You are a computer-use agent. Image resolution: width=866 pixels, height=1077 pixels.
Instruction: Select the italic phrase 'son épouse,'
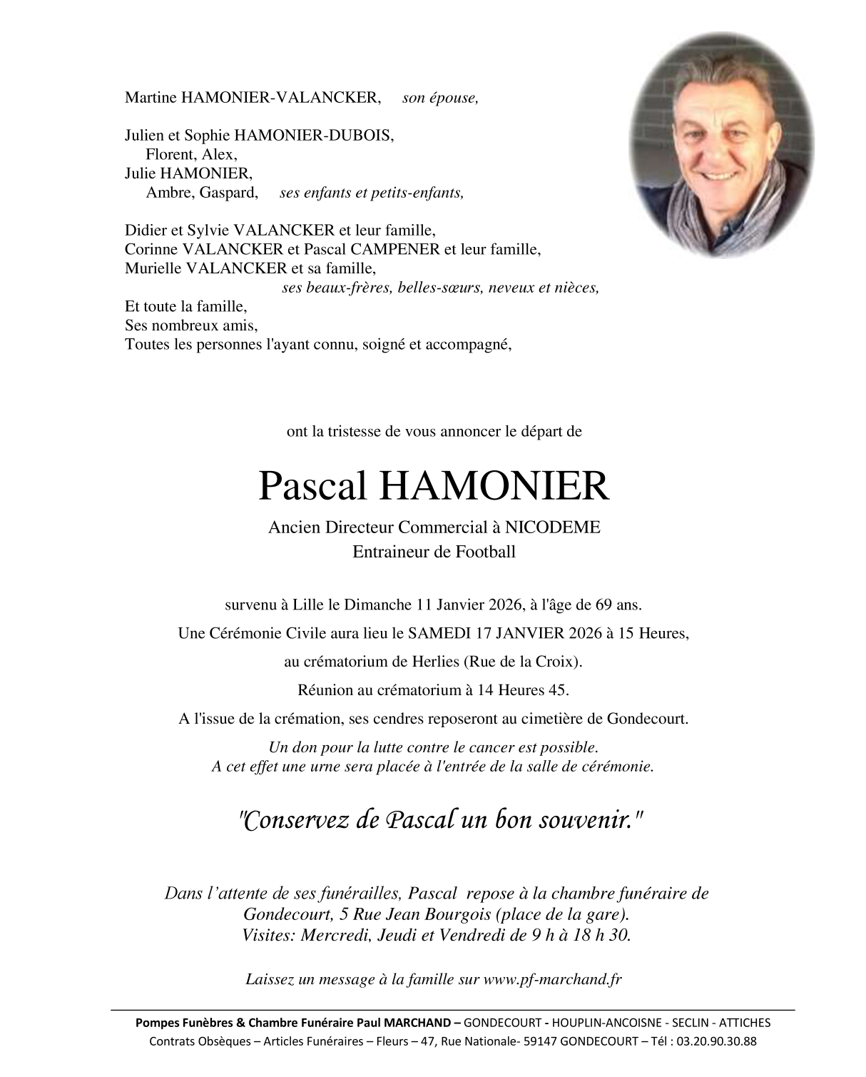440,98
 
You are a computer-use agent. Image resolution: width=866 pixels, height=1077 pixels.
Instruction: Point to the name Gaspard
228,193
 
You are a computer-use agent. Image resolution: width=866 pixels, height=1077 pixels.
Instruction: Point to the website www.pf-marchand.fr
552,979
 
